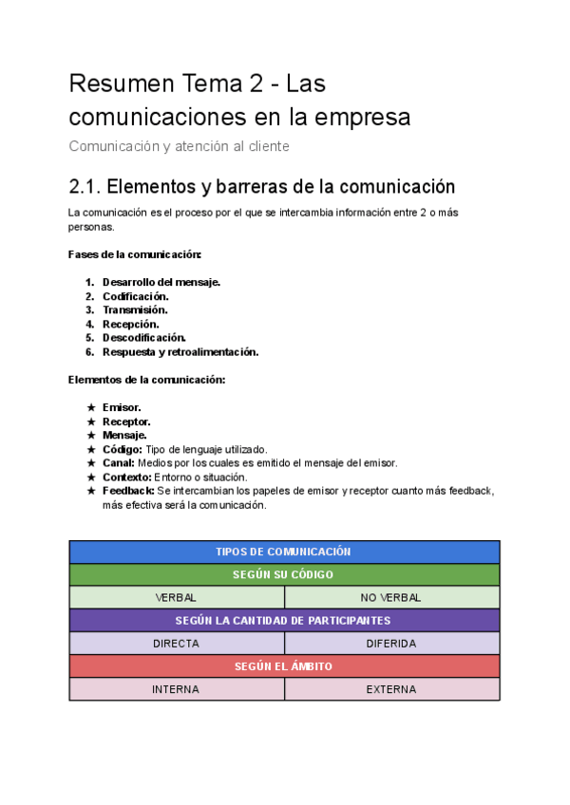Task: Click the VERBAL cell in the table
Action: tap(177, 597)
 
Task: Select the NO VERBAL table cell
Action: tap(391, 597)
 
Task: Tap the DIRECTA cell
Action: tap(177, 643)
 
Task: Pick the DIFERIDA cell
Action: tap(391, 643)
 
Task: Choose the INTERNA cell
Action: tap(177, 689)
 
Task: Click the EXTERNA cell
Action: tap(391, 689)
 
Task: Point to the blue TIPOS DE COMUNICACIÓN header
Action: tap(284, 552)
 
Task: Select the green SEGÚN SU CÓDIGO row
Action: tap(284, 574)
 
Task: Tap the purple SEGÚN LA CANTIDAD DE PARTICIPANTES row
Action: tap(284, 620)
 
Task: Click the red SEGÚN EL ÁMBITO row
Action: tap(284, 666)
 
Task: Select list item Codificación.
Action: tap(135, 296)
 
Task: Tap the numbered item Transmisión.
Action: tap(135, 309)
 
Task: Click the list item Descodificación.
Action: tap(143, 337)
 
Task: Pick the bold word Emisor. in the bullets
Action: tap(122, 407)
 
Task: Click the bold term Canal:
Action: tap(121, 462)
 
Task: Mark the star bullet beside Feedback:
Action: tap(91, 491)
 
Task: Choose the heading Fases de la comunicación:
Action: tap(135, 254)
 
